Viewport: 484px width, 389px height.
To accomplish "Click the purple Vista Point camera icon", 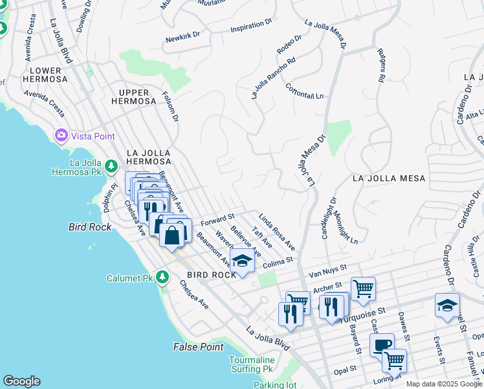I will (x=61, y=136).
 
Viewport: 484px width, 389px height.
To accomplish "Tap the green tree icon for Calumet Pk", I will (x=162, y=277).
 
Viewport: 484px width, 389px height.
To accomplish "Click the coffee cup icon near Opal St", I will (x=382, y=344).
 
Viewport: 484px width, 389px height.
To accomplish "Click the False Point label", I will (x=198, y=347).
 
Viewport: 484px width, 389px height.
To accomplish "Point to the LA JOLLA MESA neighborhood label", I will (x=389, y=178).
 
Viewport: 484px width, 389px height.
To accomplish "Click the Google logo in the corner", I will (x=21, y=381).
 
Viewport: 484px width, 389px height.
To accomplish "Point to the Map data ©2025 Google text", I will (x=443, y=384).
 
